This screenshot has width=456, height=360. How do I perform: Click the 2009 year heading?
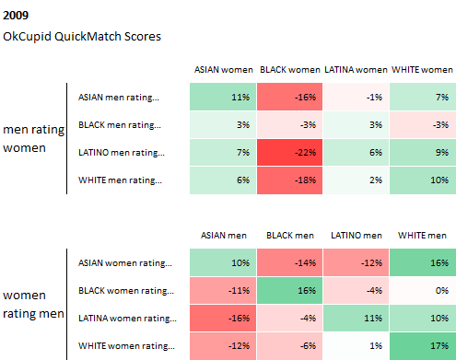point(16,16)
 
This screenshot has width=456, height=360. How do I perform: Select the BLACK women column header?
point(290,70)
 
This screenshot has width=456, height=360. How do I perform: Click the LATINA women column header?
point(356,70)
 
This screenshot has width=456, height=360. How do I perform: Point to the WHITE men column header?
point(422,236)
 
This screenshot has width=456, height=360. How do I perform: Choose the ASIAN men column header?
point(224,236)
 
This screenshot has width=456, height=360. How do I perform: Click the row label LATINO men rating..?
point(122,153)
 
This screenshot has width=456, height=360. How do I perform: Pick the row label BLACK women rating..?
point(126,291)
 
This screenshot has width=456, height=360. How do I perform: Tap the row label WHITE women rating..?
point(126,346)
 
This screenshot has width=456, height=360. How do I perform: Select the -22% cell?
point(289,153)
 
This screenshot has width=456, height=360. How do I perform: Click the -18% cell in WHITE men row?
point(289,180)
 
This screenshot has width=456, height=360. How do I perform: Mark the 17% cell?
point(423,346)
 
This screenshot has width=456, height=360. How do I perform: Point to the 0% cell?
point(423,291)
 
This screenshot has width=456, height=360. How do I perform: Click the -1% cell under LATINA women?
point(356,97)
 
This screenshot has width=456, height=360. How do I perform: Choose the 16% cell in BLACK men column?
point(289,291)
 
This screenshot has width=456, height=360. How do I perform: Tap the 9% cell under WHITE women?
point(423,153)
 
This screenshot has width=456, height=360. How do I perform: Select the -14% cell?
point(289,262)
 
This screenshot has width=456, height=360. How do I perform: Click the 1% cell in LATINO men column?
point(356,346)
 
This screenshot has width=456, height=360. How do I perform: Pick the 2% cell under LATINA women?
point(356,180)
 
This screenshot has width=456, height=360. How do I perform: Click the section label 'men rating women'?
point(33,139)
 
